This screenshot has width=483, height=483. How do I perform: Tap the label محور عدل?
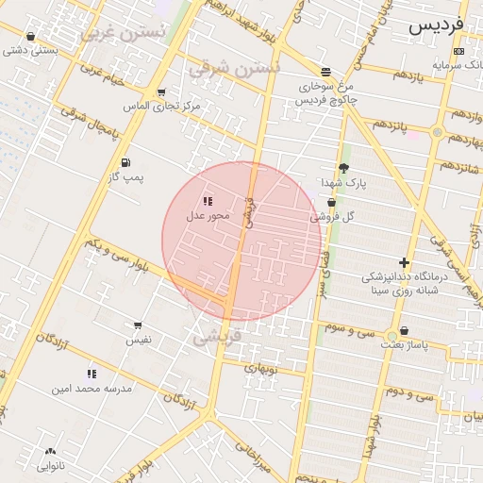pos(208,217)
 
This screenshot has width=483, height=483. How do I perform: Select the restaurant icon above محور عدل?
pos(208,201)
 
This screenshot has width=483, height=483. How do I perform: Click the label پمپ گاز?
pos(125,176)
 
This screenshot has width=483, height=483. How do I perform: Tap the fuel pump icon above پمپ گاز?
pos(125,162)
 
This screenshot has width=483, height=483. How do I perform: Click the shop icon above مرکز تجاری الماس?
pos(161,92)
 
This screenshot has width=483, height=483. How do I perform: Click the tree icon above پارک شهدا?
pos(343,167)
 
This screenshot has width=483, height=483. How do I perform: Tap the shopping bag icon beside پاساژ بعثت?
pos(405,331)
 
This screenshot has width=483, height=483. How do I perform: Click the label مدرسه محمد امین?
pos(92,388)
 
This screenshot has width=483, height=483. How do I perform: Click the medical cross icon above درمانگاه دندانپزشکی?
pos(405,262)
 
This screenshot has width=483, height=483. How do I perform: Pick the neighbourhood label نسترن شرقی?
pos(234,68)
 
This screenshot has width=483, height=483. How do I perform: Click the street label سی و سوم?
pos(350,331)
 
